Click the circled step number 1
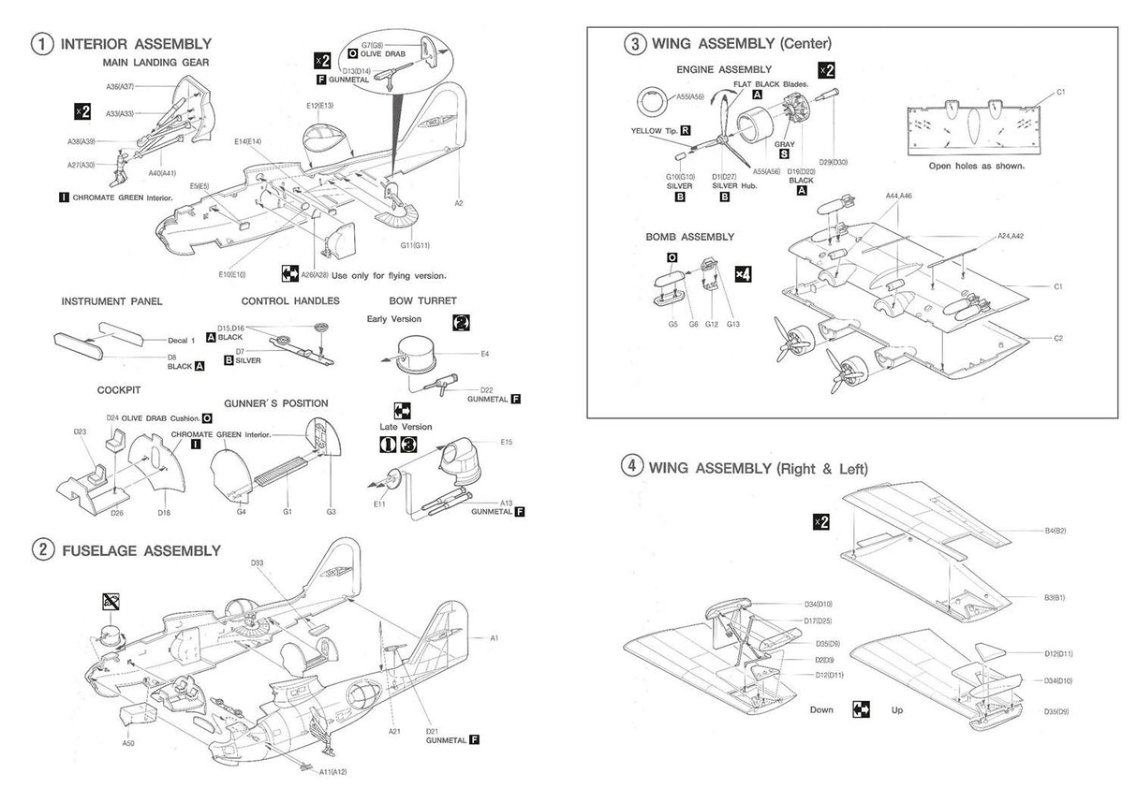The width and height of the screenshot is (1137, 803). (x=41, y=44)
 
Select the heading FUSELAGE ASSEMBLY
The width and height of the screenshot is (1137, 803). (x=140, y=550)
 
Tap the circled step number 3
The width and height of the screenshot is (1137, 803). (x=635, y=43)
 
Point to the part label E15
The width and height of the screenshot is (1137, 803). (x=506, y=442)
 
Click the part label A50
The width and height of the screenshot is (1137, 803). (x=127, y=743)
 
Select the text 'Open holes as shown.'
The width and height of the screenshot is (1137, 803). (x=976, y=166)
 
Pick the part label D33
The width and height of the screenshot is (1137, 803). (x=257, y=563)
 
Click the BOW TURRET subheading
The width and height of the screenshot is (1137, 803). (x=422, y=301)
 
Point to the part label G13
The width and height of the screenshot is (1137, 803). (x=732, y=324)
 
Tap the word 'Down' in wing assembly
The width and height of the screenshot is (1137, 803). (x=821, y=710)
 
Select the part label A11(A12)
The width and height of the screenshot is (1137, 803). (x=333, y=772)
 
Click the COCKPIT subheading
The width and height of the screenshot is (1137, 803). (x=118, y=390)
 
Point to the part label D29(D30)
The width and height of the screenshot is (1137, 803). (x=832, y=162)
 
